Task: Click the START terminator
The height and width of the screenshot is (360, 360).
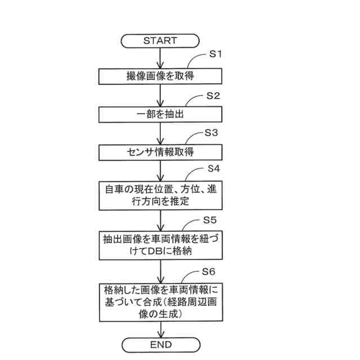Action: pyautogui.click(x=160, y=40)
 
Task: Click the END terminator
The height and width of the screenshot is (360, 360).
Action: pyautogui.click(x=161, y=344)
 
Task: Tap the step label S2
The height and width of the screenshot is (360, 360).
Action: pyautogui.click(x=213, y=95)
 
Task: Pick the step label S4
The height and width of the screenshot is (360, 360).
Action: pyautogui.click(x=214, y=168)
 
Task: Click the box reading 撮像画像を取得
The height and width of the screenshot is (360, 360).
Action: pyautogui.click(x=160, y=76)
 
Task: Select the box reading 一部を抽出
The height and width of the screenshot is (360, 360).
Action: pyautogui.click(x=160, y=115)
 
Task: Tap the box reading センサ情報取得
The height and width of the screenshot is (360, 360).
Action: pyautogui.click(x=160, y=152)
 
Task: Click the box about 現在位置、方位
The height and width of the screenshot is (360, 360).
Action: pyautogui.click(x=160, y=195)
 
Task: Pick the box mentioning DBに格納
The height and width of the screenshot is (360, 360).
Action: pyautogui.click(x=160, y=245)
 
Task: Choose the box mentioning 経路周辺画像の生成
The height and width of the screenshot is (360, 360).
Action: pyautogui.click(x=160, y=302)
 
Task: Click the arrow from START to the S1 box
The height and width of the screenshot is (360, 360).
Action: pyautogui.click(x=161, y=57)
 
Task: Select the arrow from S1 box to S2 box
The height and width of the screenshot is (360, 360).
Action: pyautogui.click(x=161, y=95)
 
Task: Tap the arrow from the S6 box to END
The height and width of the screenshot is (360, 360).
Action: pyautogui.click(x=161, y=329)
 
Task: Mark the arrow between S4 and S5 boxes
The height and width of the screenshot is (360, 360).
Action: pyautogui.click(x=161, y=220)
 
